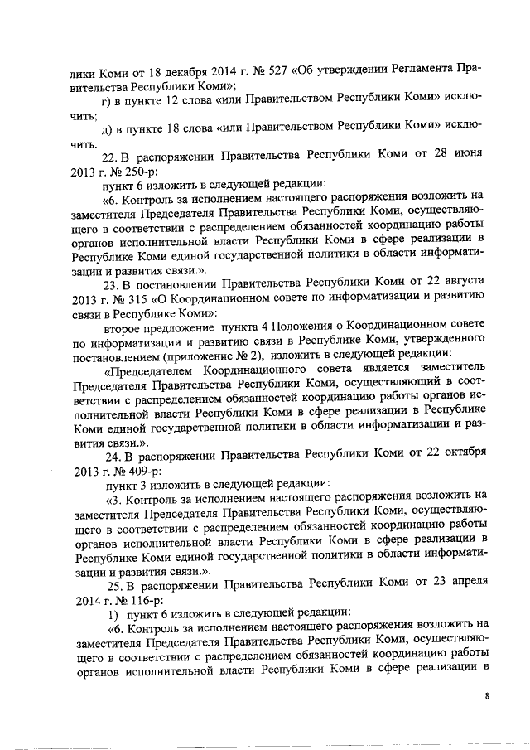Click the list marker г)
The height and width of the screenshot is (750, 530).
point(105,101)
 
